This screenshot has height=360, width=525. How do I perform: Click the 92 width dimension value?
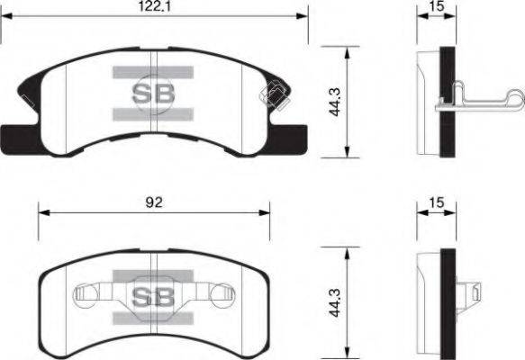(154, 203)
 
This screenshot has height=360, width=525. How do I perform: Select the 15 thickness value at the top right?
(437, 7)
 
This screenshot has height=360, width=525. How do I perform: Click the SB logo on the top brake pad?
(155, 92)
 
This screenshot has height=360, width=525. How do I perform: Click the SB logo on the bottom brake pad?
(154, 296)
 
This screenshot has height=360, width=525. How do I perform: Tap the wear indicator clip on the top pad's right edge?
(273, 94)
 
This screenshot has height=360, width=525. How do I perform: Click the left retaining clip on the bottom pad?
(87, 293)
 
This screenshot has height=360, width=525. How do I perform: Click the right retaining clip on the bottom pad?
(222, 293)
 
